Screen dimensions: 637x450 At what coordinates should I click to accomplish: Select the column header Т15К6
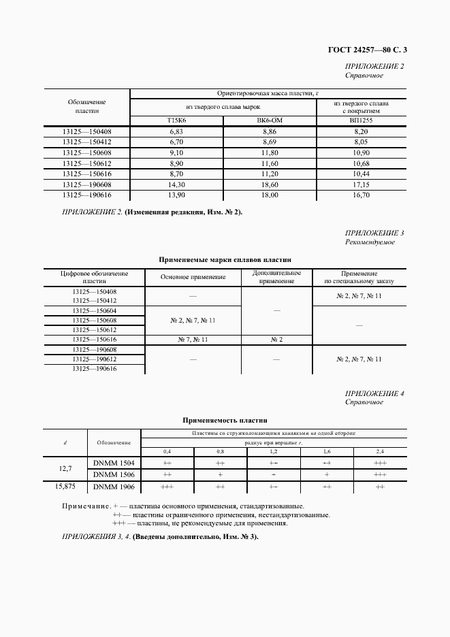click(176, 120)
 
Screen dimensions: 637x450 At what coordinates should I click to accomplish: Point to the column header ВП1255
click(361, 120)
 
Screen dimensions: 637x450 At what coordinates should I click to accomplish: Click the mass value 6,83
click(176, 131)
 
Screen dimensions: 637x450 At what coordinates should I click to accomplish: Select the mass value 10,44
click(361, 175)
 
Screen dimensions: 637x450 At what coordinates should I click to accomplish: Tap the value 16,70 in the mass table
click(361, 195)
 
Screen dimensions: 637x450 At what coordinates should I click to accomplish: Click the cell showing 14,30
click(176, 184)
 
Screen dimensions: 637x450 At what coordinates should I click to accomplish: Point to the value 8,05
click(361, 141)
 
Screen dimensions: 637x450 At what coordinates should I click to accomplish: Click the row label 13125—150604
click(94, 310)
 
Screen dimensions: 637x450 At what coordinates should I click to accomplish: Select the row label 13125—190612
click(94, 359)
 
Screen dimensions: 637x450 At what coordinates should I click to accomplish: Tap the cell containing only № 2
click(276, 339)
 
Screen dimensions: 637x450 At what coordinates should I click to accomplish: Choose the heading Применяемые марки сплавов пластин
click(225, 259)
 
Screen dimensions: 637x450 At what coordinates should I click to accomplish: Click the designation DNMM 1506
click(114, 474)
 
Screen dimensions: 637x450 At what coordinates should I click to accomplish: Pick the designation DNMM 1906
click(114, 487)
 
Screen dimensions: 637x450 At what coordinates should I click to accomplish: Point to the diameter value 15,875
click(65, 487)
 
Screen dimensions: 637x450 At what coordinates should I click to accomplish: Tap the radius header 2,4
click(380, 452)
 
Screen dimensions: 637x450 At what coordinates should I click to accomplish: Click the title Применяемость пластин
click(225, 421)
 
